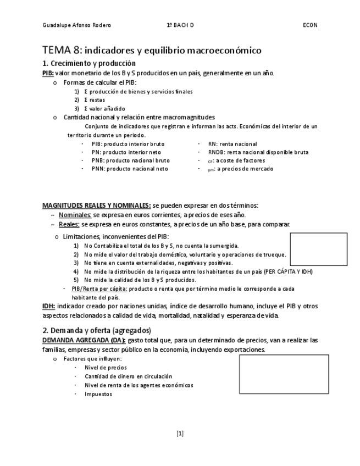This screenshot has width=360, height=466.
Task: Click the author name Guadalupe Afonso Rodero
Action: tap(76, 25)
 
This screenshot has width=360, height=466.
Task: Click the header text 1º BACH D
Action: tap(180, 25)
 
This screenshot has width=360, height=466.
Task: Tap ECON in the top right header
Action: tap(310, 25)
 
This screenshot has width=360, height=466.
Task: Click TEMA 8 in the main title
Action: tap(61, 51)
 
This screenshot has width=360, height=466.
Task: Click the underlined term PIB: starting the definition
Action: tap(48, 73)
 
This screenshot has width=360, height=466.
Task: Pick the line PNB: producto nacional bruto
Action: tap(130, 160)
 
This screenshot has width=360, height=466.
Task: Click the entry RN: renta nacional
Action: tap(232, 144)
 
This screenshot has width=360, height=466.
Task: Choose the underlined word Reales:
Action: tap(69, 224)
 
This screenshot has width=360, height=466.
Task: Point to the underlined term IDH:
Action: tap(48, 306)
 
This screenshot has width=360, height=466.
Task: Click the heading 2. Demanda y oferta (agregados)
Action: tap(97, 330)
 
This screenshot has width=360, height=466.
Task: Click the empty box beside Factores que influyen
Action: tap(283, 374)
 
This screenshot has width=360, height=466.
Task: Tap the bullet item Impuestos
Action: tap(98, 394)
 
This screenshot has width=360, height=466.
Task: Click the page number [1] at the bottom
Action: tap(180, 434)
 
